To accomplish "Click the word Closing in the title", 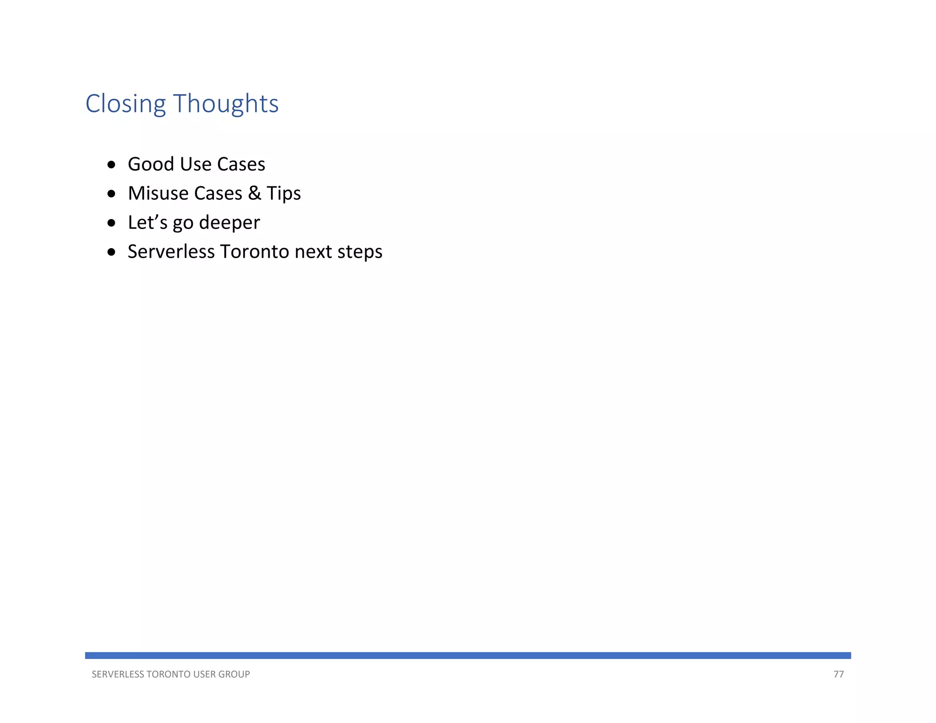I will (125, 104).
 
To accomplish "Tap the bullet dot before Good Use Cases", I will (112, 165).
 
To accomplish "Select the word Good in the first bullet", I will (151, 164).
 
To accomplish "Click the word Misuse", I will (158, 193).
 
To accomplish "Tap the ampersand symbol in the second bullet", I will (255, 193).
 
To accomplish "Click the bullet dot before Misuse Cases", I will (112, 194).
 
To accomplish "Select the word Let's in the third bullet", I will (148, 223).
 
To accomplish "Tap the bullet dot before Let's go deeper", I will (112, 223).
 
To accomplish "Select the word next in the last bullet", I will (313, 252).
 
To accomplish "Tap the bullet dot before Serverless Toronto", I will (112, 252).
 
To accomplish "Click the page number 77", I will (838, 675).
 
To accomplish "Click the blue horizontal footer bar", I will (468, 655).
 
